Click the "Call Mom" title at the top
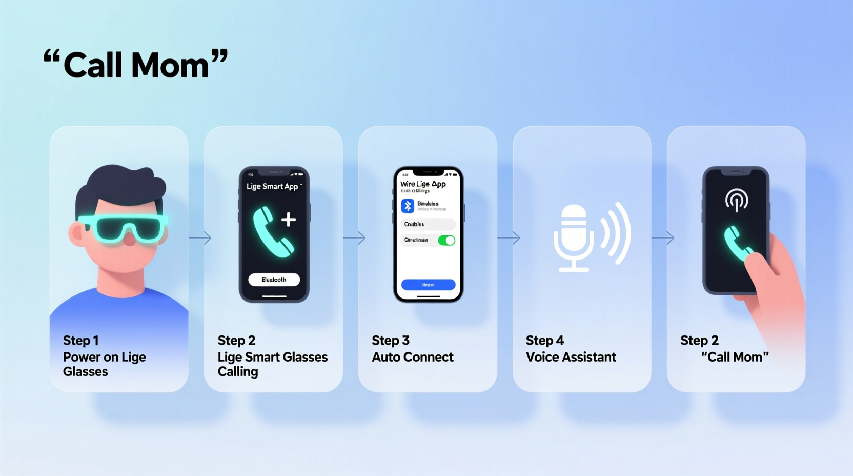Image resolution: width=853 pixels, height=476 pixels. pos(136,65)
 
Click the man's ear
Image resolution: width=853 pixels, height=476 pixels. pos(77,233)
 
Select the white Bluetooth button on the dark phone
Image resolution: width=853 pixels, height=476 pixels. pos(274,280)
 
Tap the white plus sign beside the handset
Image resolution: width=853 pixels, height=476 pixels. pos(289,220)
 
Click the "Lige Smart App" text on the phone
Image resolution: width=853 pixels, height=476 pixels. pos(272,186)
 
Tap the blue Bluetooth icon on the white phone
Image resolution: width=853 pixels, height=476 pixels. pos(408,206)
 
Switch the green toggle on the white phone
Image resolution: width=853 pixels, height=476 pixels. pos(446,240)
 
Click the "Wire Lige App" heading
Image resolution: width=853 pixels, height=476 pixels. pos(423,184)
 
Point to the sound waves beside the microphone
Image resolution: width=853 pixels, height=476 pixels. pos(616,233)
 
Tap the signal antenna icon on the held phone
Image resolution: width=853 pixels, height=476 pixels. pos(737,200)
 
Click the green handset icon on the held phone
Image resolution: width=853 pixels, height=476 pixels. pos(737,244)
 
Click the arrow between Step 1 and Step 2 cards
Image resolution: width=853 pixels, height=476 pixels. pos(200,238)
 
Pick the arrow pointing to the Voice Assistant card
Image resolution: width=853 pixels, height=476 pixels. pos(509,238)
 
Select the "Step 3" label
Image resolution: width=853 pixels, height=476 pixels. pos(391,341)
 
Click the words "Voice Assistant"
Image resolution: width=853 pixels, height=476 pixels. pos(571,357)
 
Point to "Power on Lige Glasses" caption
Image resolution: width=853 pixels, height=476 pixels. pos(104,364)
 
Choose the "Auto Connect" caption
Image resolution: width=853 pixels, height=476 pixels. pos(413,357)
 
